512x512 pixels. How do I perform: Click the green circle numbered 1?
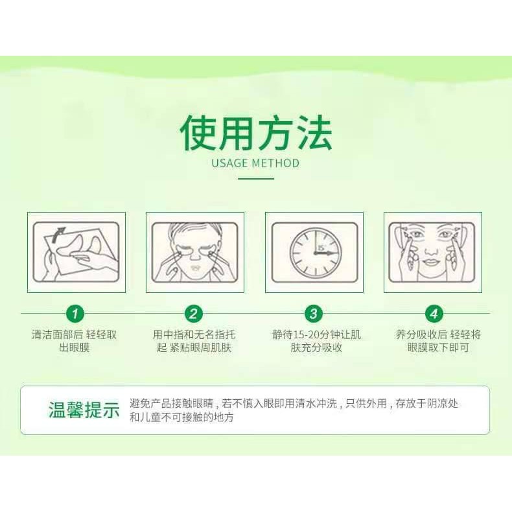pos(75,314)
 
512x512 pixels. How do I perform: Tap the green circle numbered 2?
pos(194,314)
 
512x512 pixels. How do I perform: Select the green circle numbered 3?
pos(314,314)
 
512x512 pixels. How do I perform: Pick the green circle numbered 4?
pos(434,314)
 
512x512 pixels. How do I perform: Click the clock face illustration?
pos(316,252)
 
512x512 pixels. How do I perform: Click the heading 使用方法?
pos(256,134)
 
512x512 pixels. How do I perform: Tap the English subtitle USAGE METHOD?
pos(255,163)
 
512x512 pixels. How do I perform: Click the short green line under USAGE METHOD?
pos(255,179)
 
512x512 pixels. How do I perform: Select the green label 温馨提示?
pos(84,410)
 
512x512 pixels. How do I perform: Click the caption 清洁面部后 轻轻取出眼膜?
pos(74,341)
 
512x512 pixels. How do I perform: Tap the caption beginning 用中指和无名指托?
pos(194,341)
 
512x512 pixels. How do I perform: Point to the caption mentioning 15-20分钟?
pos(316,341)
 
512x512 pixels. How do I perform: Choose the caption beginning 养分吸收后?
pos(438,341)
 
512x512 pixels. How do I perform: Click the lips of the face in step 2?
pos(196,268)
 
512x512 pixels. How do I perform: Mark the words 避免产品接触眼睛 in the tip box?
pos(172,404)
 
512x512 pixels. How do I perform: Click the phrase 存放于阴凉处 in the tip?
pos(427,404)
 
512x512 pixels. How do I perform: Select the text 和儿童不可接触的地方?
pos(181,417)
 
